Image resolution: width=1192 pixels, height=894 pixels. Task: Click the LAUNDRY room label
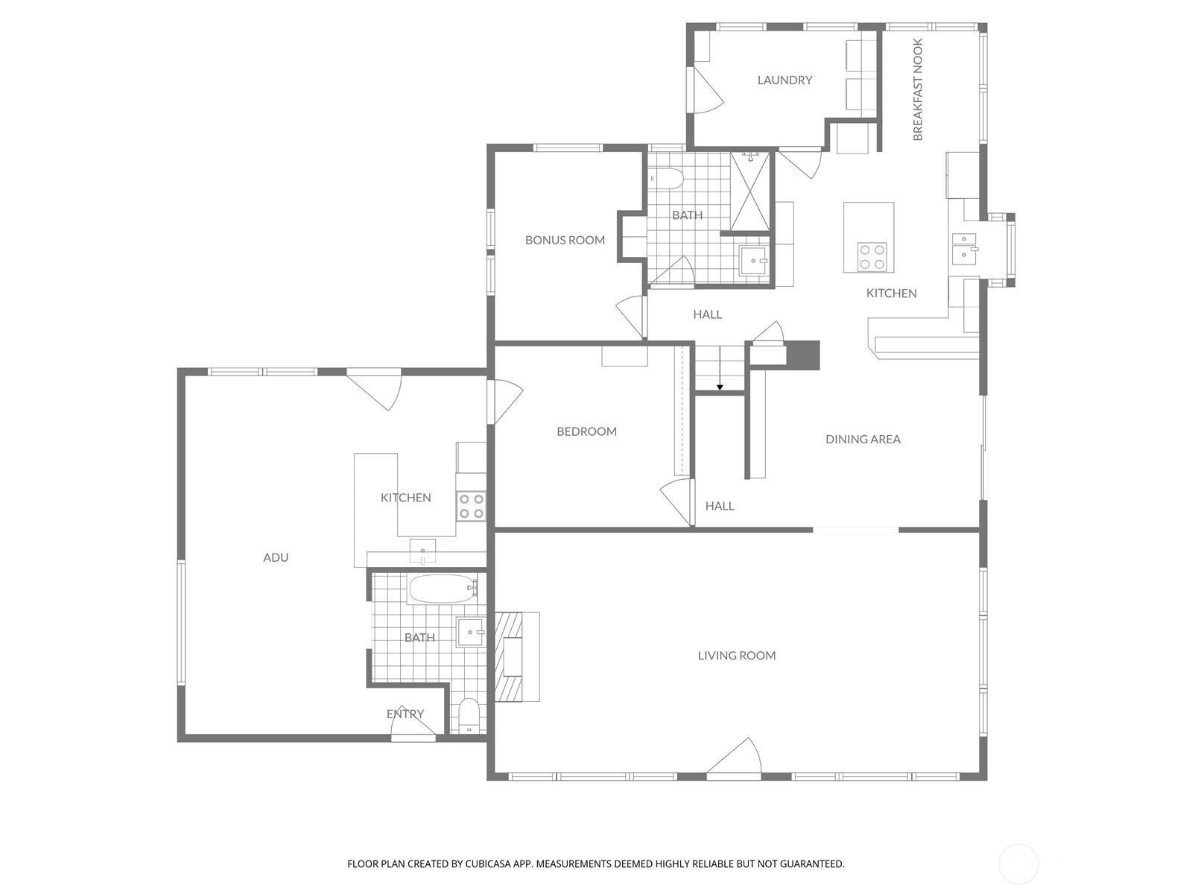[x=784, y=80]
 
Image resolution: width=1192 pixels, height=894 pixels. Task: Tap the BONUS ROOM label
[x=565, y=240]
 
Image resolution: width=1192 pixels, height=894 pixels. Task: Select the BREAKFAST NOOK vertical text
[x=918, y=89]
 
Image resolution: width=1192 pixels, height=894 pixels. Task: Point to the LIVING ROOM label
[x=736, y=656]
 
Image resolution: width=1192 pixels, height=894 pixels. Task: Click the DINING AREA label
[x=863, y=439]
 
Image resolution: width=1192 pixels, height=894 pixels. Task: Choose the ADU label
[x=276, y=557]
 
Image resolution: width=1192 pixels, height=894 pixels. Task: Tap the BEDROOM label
[x=586, y=431]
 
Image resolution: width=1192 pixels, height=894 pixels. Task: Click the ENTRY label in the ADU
[x=405, y=714]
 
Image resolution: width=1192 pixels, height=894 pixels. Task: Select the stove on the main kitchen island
[x=872, y=257]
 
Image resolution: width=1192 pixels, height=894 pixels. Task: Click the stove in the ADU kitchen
[x=471, y=506]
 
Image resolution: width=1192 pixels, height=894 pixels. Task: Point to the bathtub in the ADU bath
[x=443, y=589]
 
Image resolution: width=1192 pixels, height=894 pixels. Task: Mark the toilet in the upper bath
[x=666, y=179]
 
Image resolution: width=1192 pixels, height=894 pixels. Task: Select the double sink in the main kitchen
[x=964, y=248]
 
